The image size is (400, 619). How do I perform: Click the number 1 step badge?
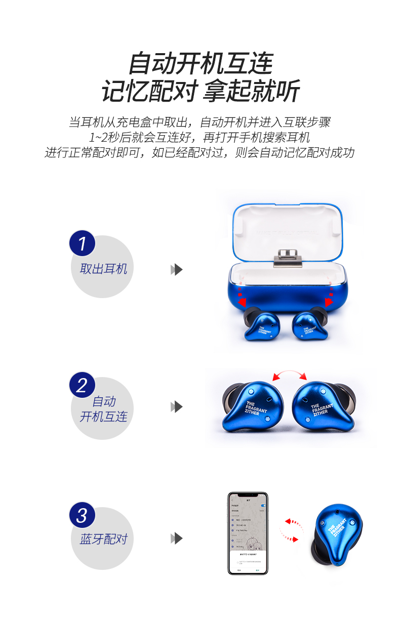[82, 243]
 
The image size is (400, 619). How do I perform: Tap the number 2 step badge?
[82, 385]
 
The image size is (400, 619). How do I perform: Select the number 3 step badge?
[82, 516]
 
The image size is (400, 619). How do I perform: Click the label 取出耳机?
[103, 269]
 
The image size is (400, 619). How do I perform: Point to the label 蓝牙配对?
[103, 539]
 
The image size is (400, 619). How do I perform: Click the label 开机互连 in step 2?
[103, 417]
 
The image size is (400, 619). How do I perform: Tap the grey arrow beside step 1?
[176, 269]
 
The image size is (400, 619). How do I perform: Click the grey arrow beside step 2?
[176, 406]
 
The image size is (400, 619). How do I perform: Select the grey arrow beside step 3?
[176, 538]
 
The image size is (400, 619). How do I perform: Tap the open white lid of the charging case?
[287, 228]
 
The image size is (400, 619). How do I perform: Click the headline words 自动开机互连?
[201, 64]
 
